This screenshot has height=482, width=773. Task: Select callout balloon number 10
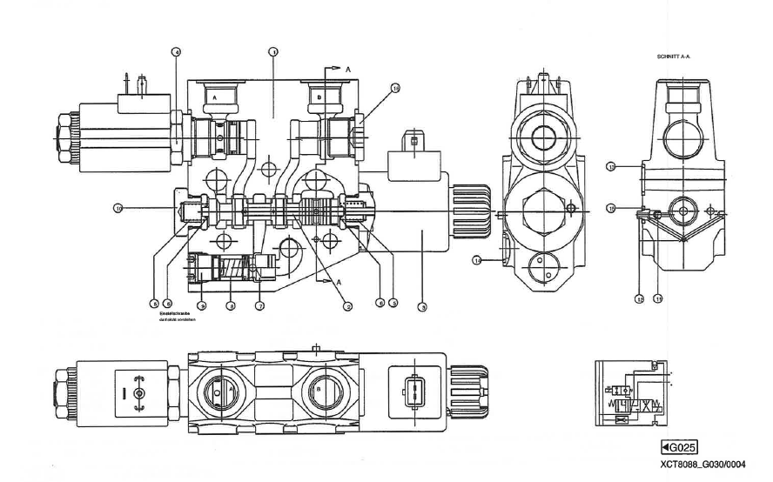118,207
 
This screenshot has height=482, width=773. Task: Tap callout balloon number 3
393,303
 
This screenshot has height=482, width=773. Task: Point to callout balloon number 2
346,305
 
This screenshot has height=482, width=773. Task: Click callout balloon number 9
201,305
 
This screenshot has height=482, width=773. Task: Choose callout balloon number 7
259,305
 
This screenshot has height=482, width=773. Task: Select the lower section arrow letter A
337,282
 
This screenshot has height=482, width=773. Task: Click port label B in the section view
319,99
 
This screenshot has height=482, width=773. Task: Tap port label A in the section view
213,99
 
